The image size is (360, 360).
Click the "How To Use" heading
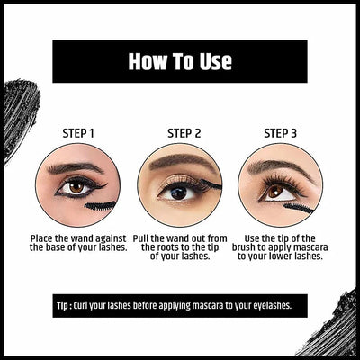tap(180, 61)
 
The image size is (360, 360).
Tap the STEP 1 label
tap(77, 132)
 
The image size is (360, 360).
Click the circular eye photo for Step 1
tap(77, 185)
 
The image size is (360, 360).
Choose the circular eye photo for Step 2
tap(179, 185)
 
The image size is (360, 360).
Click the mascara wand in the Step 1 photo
tap(101, 205)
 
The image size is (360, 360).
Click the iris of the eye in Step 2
tap(177, 191)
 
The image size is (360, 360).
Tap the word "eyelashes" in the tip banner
tap(274, 305)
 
